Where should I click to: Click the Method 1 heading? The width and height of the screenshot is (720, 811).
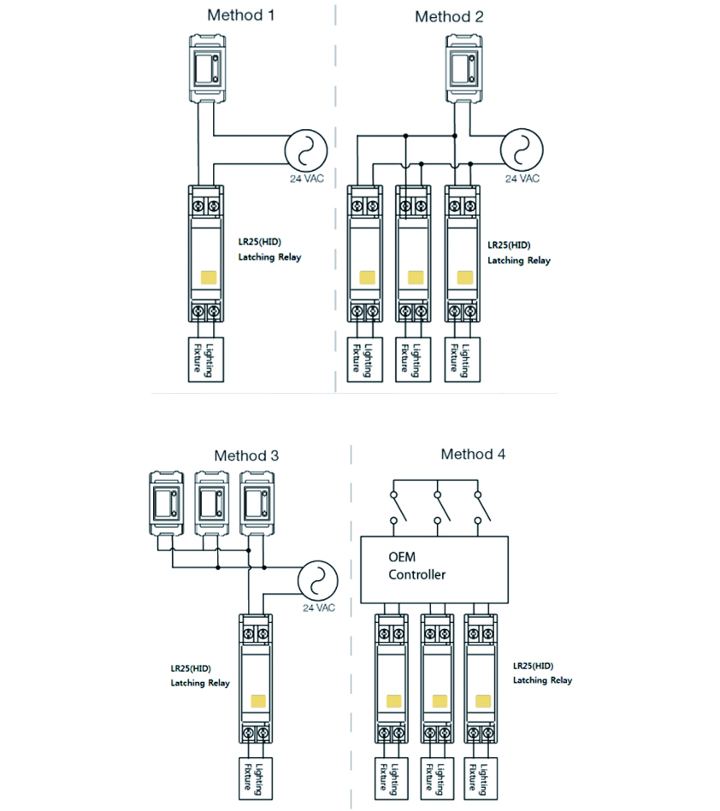click(x=241, y=15)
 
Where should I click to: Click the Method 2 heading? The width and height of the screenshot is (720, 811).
click(x=450, y=16)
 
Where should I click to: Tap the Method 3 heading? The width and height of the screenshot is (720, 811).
click(x=246, y=455)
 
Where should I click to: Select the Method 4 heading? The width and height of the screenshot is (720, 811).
click(x=473, y=454)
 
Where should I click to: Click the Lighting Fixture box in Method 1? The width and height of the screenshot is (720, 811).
click(x=204, y=358)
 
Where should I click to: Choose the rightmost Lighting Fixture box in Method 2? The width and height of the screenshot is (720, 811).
click(x=462, y=358)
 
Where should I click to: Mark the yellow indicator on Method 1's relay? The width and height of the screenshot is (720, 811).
click(x=209, y=277)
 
